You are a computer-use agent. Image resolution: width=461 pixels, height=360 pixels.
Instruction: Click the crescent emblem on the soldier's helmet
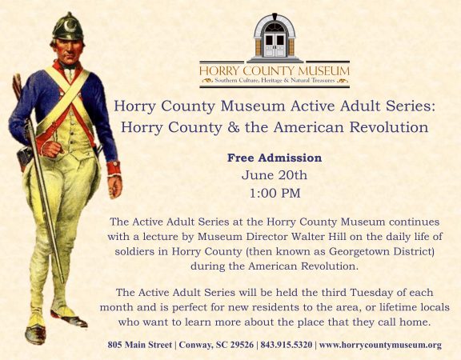click(70, 26)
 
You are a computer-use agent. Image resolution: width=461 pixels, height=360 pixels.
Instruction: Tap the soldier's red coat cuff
click(114, 168)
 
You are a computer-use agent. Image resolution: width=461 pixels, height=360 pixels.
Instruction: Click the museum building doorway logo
click(275, 38)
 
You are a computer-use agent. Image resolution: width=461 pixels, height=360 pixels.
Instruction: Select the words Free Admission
click(275, 158)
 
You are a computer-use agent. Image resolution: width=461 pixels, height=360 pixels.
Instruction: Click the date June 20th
click(275, 175)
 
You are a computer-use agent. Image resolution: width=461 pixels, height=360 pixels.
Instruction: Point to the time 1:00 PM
click(275, 193)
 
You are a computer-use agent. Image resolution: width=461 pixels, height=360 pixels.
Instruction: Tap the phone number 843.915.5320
click(287, 345)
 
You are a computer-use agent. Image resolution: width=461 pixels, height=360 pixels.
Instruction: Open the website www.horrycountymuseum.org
click(380, 345)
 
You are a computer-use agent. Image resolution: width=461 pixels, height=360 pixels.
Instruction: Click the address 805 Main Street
click(139, 345)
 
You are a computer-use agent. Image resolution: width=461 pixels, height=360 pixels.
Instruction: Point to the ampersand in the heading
click(234, 127)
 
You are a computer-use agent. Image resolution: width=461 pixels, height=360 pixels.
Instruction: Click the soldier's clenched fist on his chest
click(51, 149)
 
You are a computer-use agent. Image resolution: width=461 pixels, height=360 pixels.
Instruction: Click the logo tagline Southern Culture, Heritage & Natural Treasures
click(275, 80)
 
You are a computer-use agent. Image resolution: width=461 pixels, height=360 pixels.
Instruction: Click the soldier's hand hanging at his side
click(114, 186)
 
